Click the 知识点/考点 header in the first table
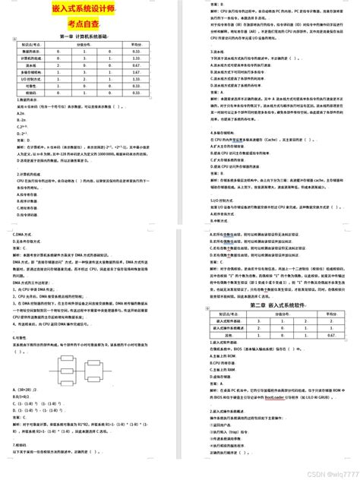click(27, 44)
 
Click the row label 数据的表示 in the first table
click(27, 51)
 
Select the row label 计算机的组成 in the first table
click(27, 58)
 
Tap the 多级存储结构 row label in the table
click(27, 72)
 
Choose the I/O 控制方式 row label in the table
click(27, 79)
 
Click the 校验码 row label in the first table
click(27, 93)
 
